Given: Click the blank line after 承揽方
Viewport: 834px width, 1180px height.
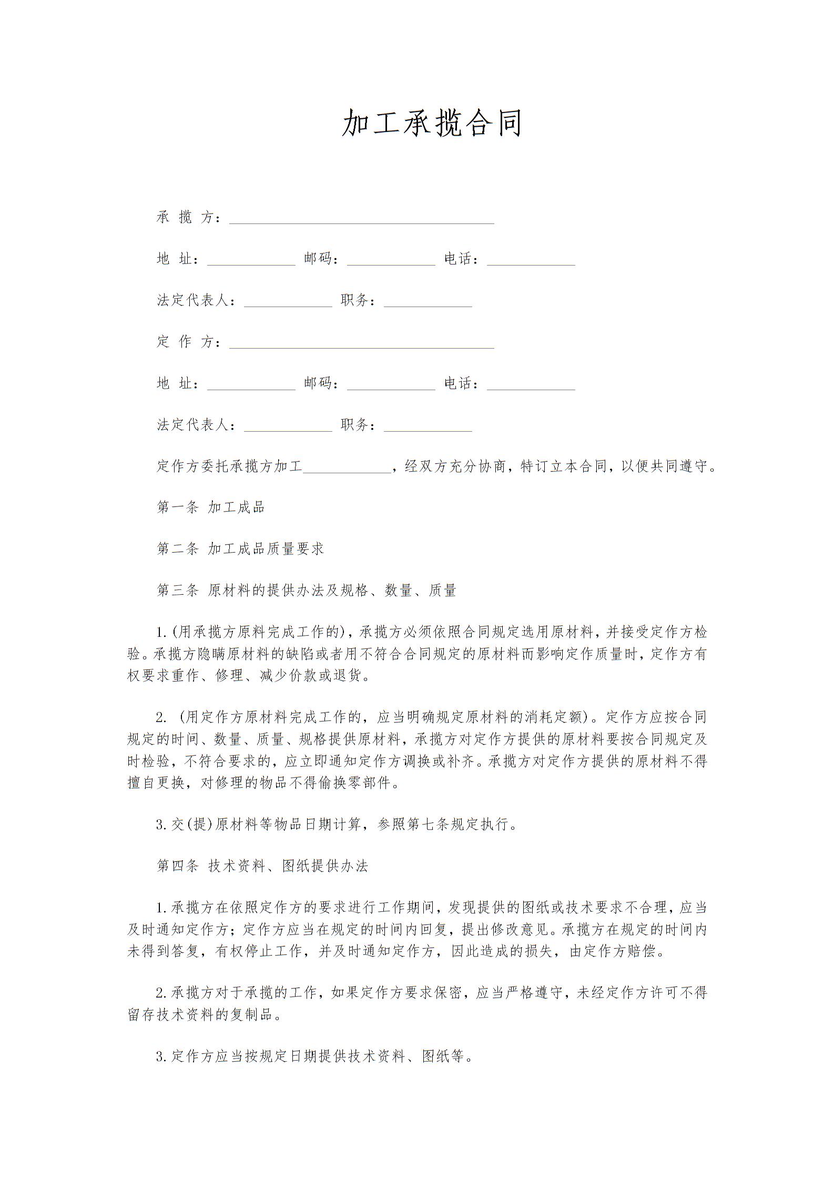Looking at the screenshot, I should coord(361,219).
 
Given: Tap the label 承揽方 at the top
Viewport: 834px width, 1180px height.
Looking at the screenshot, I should coord(188,217).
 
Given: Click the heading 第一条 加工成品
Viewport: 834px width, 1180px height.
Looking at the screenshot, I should coord(210,507).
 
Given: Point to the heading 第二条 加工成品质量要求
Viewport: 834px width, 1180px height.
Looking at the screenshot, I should coord(240,549).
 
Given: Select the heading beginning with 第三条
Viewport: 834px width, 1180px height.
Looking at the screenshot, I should coord(306,591).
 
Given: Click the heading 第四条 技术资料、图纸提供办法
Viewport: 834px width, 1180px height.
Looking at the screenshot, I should coord(262,866).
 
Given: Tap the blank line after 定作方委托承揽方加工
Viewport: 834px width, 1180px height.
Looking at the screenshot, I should coord(347,467).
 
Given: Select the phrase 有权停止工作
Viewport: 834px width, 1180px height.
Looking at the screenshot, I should coord(258,951).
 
